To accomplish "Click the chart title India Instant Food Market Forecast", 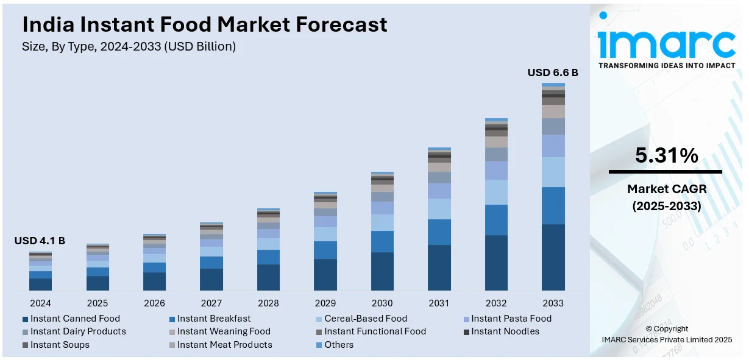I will point(204,24).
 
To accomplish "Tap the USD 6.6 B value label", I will point(553,73).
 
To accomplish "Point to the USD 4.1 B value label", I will point(40,241).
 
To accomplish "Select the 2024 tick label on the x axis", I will point(40,303).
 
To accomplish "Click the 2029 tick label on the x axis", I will point(325,303).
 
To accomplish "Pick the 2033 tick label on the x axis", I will point(553,303).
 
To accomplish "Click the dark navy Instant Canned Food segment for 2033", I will point(553,257).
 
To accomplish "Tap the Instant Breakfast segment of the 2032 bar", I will point(496,220).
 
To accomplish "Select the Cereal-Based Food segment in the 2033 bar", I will point(553,172).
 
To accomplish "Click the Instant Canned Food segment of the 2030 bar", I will point(382,271).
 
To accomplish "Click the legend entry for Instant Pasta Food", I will point(511,319).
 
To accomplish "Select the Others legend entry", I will point(338,345).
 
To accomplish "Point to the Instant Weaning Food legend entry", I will point(224,331).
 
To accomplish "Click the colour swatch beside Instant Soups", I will point(25,345).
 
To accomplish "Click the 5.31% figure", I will point(666,156).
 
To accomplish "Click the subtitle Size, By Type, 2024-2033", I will point(129,46).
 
